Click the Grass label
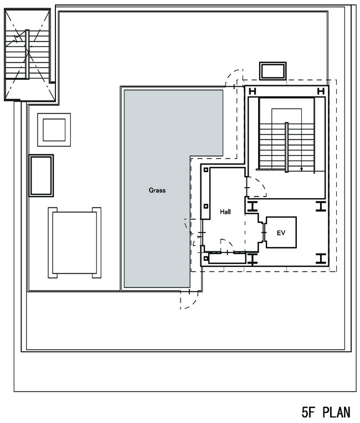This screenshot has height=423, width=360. coord(157,190)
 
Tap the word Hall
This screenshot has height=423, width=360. coord(225,211)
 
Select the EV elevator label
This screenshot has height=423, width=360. coord(281,233)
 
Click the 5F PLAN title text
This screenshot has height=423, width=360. coord(326,412)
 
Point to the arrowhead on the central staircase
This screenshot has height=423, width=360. coord(302,169)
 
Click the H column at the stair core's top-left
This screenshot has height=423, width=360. coord(253,91)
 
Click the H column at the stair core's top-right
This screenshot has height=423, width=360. coord(321,91)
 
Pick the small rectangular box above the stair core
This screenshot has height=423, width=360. coord(273,71)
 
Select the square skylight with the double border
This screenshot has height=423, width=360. coord(54,130)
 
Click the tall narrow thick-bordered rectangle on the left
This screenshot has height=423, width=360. coord(41,176)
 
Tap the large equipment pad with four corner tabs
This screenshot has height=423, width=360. coord(74,243)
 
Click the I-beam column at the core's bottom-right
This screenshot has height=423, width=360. coord(321,259)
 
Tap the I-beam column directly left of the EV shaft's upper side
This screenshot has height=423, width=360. coord(253,207)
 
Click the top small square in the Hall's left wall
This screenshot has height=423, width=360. coord(206,170)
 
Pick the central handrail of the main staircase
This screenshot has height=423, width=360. coord(286,147)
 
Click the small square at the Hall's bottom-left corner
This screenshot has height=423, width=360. coord(206,259)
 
